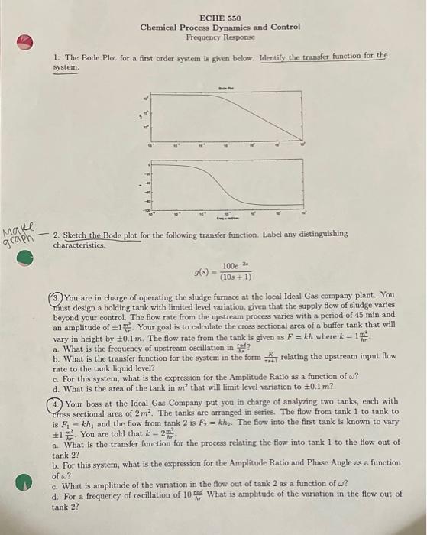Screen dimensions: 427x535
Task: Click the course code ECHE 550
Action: click(x=220, y=17)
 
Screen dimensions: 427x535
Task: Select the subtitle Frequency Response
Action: click(x=219, y=37)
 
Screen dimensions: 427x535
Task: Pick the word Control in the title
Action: click(x=285, y=27)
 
